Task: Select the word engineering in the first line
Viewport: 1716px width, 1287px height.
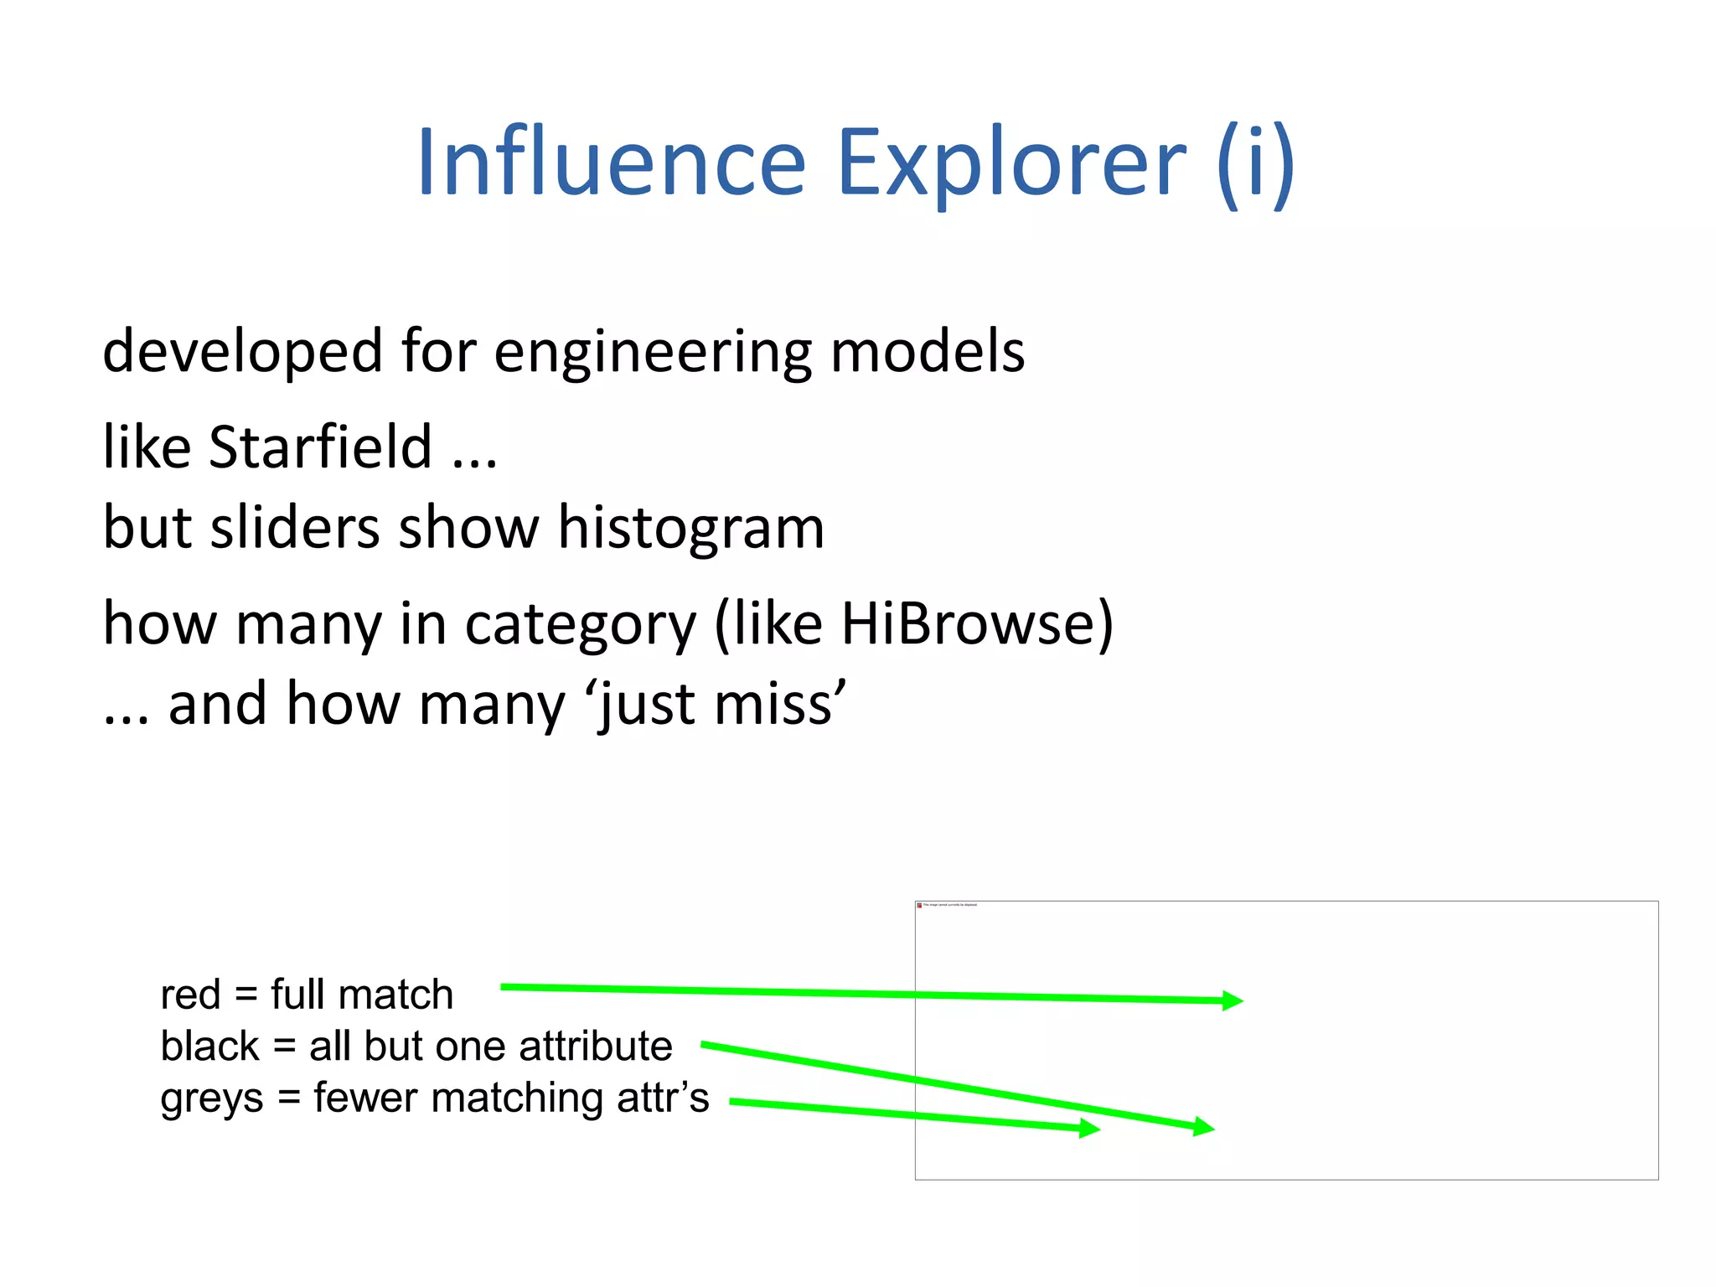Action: click(653, 352)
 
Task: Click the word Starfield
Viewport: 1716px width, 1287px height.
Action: click(320, 447)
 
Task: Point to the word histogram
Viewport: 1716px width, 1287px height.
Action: click(691, 529)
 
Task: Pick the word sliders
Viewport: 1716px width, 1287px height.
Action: click(295, 528)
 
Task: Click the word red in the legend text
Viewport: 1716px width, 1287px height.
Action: click(190, 995)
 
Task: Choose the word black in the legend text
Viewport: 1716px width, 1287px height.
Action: click(209, 1047)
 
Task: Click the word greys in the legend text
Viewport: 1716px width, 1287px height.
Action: click(211, 1099)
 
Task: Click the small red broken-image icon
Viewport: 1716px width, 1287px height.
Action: click(919, 905)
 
